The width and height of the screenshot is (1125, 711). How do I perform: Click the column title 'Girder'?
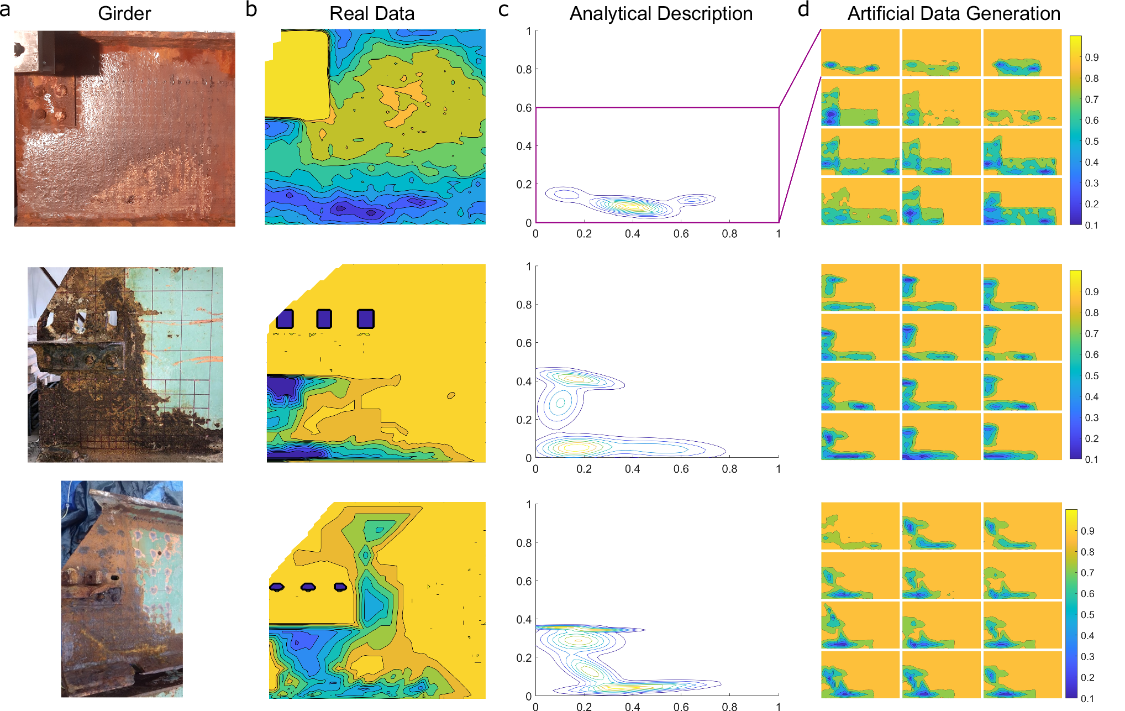point(124,13)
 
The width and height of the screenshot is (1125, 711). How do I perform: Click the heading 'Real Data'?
point(372,13)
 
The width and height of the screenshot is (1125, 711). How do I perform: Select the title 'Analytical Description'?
point(661,13)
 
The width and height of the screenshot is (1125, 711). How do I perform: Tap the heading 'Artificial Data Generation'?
point(954,13)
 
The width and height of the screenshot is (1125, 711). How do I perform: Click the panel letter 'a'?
point(6,9)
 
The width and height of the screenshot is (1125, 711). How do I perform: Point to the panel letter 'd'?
point(803,9)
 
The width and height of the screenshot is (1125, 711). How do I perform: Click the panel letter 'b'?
point(251,9)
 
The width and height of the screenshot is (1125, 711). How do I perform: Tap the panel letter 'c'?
point(503,9)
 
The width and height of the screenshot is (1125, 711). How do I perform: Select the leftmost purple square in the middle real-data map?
point(285,319)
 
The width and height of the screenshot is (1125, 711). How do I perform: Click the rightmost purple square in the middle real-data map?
point(366,319)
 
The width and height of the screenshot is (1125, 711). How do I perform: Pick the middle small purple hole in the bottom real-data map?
point(308,587)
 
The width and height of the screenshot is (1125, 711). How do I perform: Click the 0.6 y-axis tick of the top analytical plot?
point(524,108)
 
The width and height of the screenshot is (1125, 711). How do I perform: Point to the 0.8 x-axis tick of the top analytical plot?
point(729,234)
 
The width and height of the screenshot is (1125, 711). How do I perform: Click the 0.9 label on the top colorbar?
point(1091,57)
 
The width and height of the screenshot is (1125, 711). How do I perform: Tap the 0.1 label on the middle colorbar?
point(1091,459)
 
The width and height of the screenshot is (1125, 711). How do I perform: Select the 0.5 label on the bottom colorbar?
point(1087,615)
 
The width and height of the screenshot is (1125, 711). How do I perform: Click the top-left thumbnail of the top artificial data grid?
point(860,53)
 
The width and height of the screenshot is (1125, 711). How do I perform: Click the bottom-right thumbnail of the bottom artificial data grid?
point(1022,675)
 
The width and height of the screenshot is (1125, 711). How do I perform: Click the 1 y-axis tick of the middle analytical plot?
point(529,267)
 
